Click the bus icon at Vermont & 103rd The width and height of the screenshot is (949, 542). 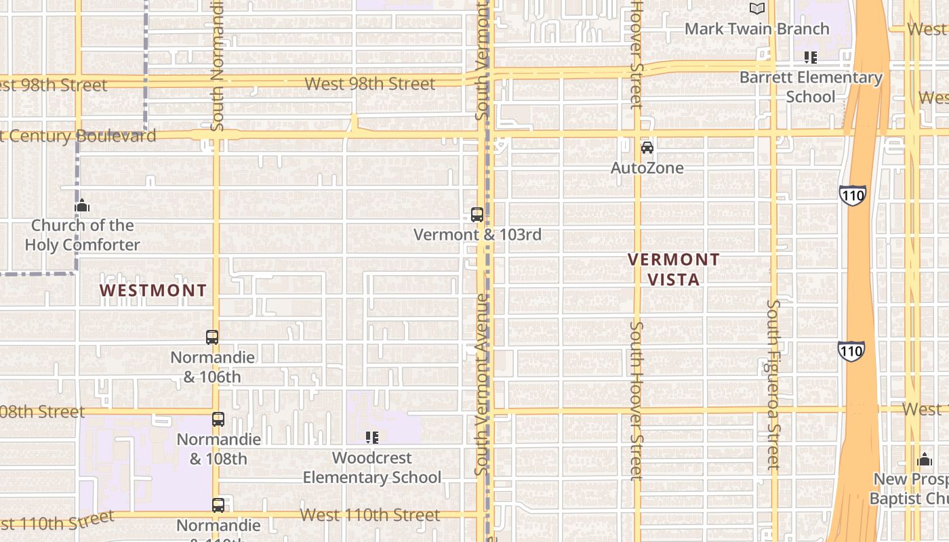tap(477, 215)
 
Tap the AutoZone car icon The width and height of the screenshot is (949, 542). tap(647, 147)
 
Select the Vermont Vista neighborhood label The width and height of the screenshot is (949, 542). tap(673, 269)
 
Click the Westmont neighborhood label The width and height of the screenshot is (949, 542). tap(153, 291)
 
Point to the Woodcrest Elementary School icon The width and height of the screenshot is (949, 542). tap(371, 438)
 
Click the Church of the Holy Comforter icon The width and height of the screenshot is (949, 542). tap(82, 205)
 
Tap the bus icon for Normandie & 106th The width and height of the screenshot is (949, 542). tap(212, 337)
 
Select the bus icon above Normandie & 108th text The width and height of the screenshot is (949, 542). tap(218, 419)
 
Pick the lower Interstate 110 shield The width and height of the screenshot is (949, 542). tap(851, 350)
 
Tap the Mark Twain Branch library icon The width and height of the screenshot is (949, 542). tap(756, 9)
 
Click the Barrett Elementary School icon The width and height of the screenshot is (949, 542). tap(810, 58)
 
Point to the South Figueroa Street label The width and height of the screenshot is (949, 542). tap(773, 385)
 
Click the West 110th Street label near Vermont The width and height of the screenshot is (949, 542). tap(370, 515)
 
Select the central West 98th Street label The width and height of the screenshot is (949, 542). tap(370, 84)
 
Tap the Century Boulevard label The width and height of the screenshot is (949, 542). tap(78, 135)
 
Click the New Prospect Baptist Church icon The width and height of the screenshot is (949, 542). tap(925, 460)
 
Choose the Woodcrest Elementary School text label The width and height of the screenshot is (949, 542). tap(371, 467)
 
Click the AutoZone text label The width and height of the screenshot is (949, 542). tap(647, 168)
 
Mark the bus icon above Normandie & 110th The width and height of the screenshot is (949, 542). tap(218, 505)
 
